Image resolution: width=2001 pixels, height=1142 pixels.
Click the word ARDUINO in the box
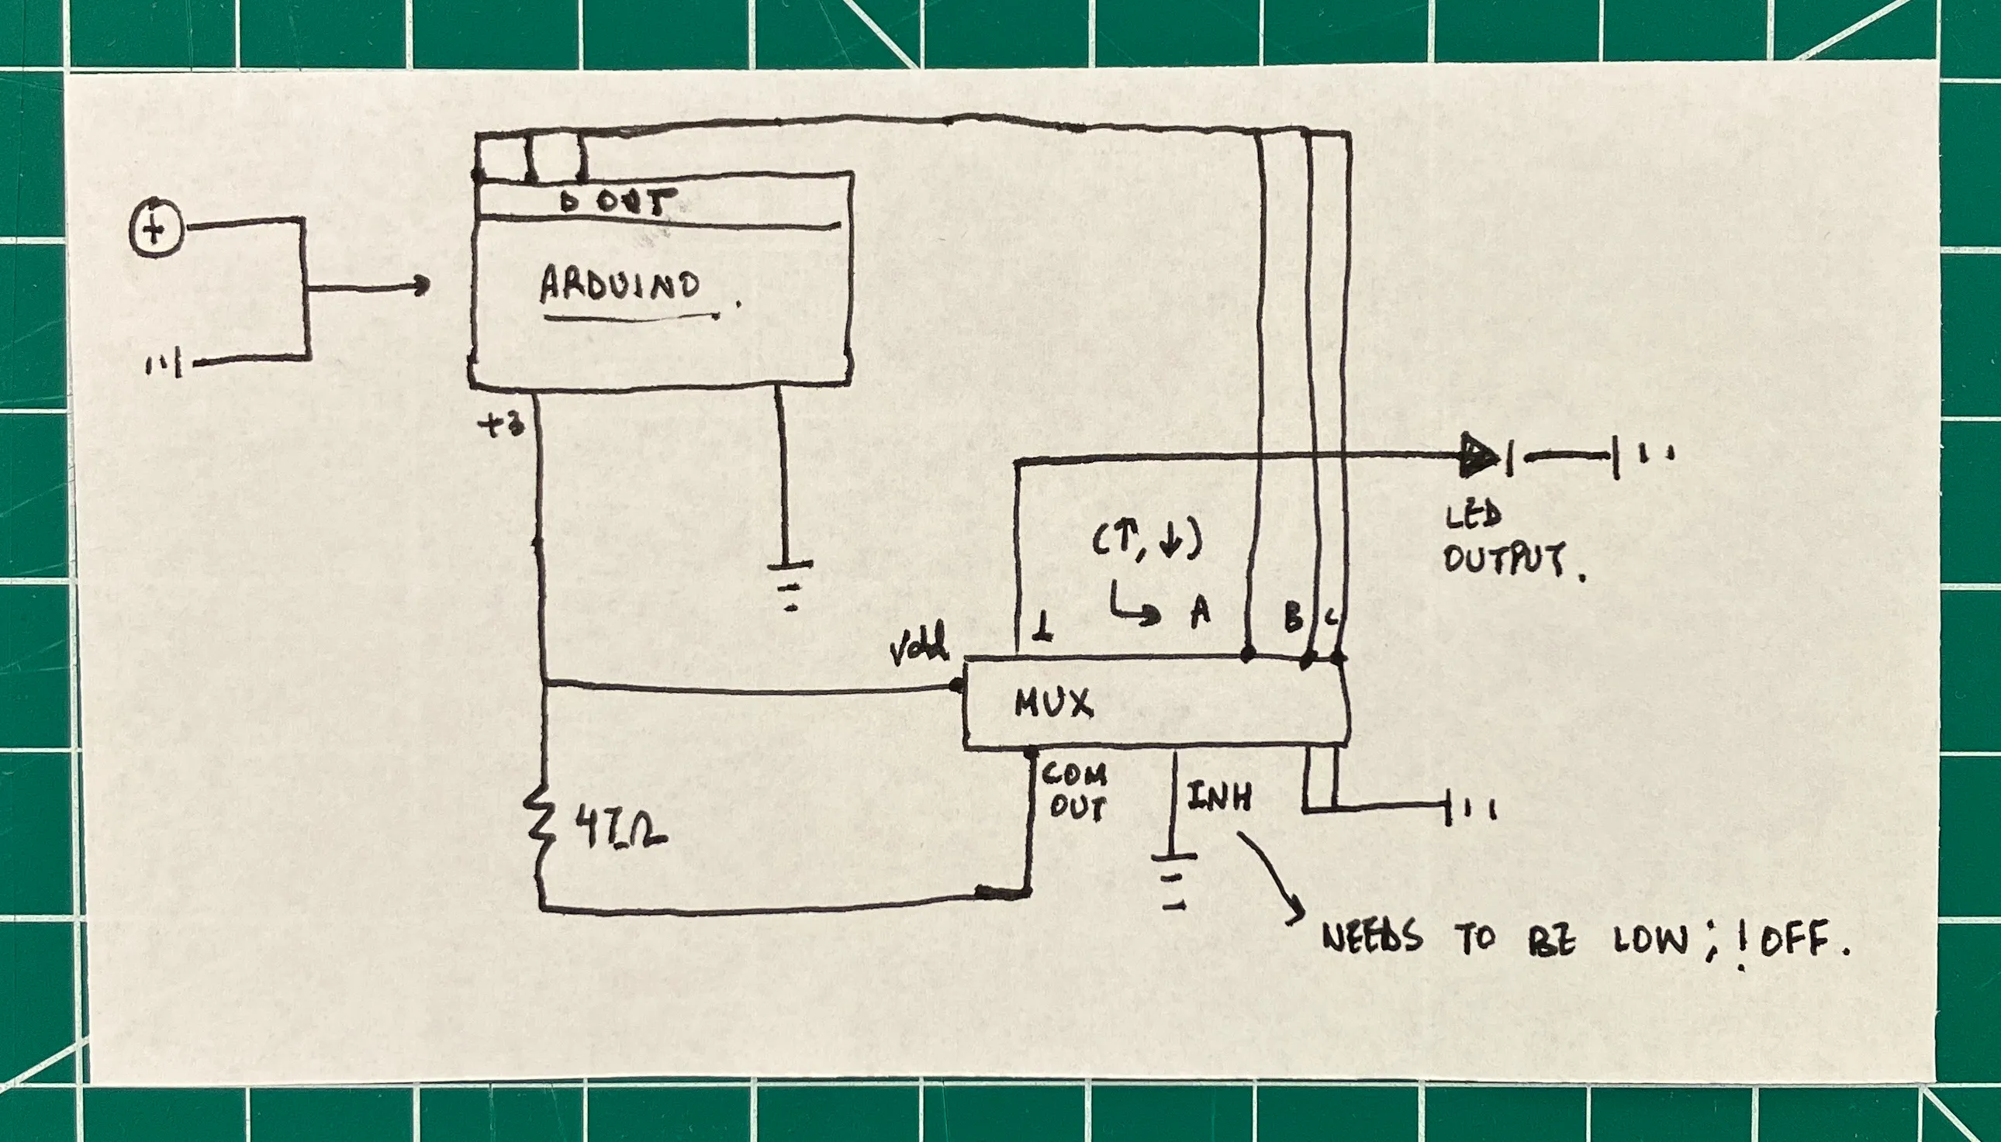tap(620, 284)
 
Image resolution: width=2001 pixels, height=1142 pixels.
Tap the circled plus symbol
tap(155, 229)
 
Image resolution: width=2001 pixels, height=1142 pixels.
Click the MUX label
tap(1052, 703)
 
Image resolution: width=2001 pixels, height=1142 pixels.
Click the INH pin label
tap(1218, 797)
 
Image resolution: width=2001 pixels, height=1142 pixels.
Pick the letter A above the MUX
tap(1200, 611)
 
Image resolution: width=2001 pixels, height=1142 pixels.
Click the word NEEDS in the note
tap(1372, 937)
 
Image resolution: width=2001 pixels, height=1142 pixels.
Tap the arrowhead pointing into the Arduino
tap(421, 285)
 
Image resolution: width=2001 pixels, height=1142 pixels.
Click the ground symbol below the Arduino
tap(789, 585)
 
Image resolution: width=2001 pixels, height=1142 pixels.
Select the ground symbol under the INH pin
tap(1173, 880)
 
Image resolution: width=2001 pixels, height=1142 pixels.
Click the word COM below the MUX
tap(1073, 776)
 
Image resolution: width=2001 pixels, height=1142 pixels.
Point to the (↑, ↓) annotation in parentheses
tap(1147, 540)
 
